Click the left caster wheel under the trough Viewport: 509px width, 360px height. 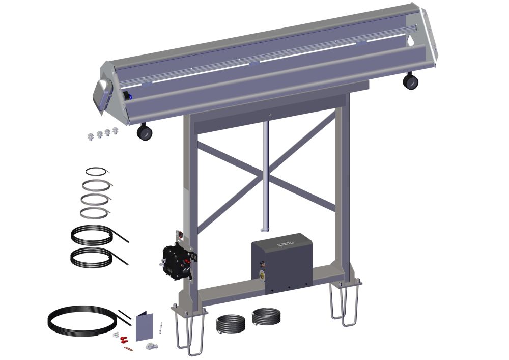(145, 133)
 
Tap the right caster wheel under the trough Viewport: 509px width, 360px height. (410, 81)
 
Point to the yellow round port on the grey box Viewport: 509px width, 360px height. (262, 274)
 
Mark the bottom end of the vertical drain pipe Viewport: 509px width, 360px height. (264, 228)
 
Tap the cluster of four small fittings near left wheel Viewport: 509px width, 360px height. (102, 134)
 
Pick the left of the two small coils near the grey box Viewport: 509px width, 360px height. (232, 323)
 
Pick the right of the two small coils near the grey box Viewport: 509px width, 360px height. (266, 317)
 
